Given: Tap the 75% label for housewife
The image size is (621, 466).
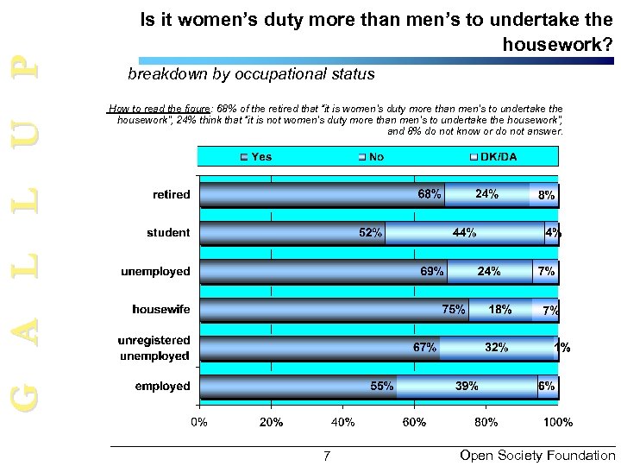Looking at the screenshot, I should [454, 309].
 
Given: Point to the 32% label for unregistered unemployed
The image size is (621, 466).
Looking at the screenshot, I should [496, 348].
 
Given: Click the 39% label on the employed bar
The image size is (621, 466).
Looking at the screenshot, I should [467, 387].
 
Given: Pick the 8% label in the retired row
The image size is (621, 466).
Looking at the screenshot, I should [546, 196].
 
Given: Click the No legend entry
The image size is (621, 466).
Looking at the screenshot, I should [372, 156].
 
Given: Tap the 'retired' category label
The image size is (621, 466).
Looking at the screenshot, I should [172, 194].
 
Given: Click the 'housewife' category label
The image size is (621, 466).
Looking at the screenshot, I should [161, 309].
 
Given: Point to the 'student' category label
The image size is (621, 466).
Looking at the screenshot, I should [169, 233].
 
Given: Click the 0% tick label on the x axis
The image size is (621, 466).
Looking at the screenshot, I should [199, 423].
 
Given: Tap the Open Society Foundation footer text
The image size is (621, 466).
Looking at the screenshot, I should [538, 455].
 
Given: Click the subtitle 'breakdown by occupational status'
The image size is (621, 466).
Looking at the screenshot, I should [251, 74].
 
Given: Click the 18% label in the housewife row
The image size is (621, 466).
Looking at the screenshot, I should [500, 309].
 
